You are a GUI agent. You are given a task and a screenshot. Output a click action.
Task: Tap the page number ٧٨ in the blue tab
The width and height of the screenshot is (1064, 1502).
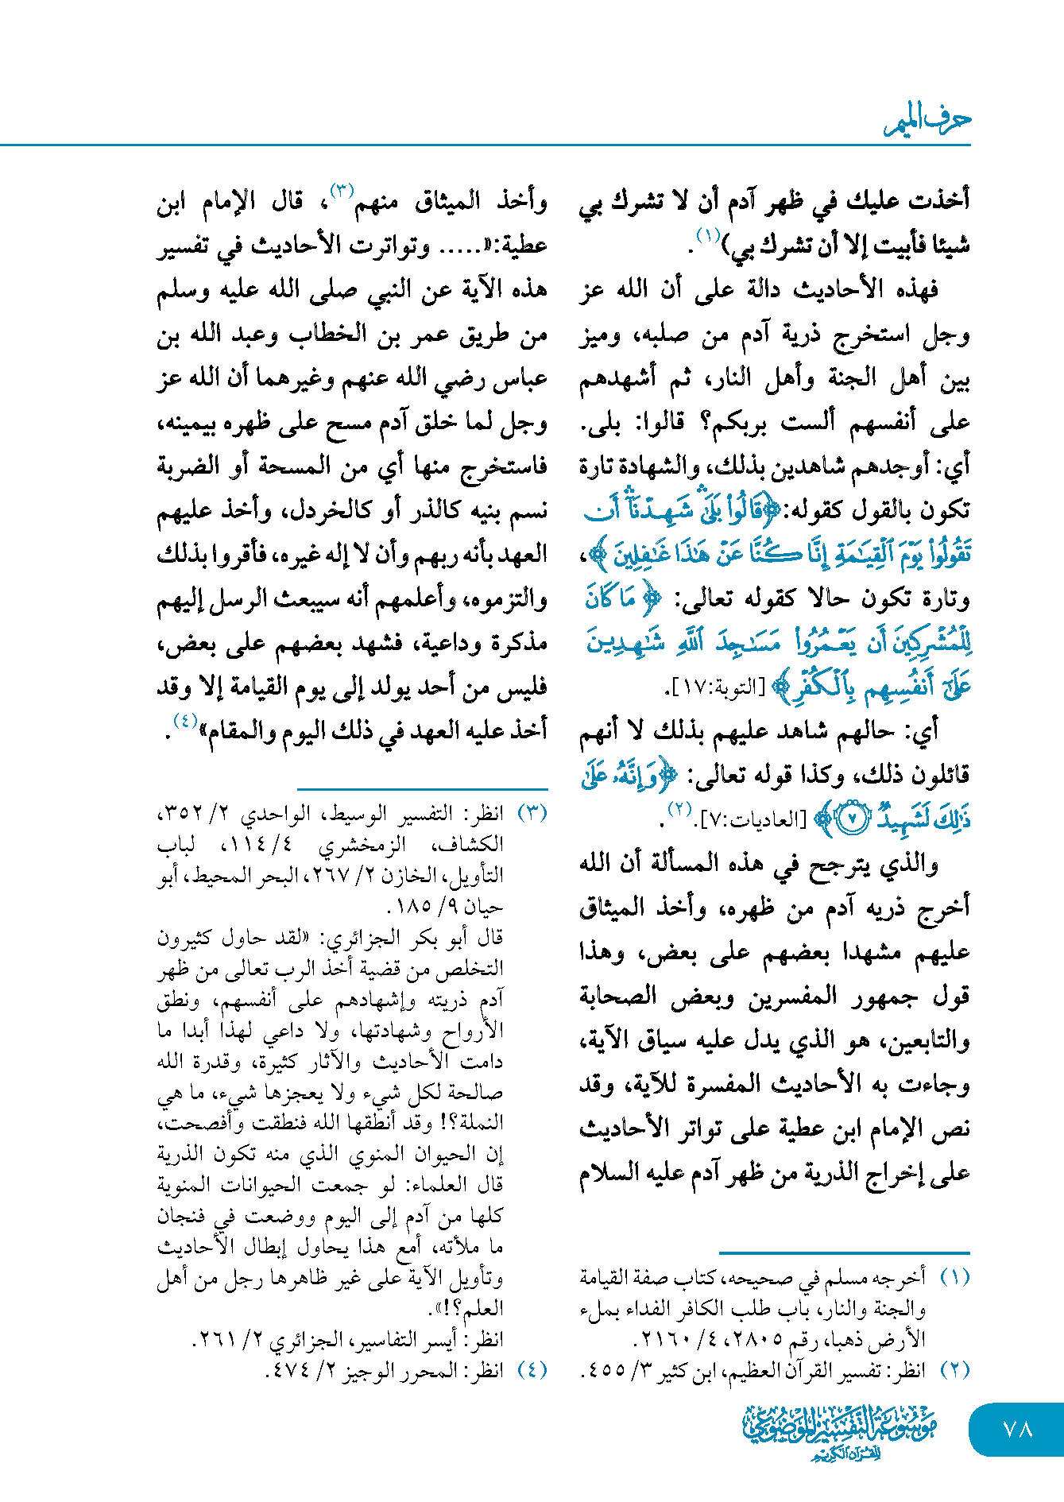1017,1429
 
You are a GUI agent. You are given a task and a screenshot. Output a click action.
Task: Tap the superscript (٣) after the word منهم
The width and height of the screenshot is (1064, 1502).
342,192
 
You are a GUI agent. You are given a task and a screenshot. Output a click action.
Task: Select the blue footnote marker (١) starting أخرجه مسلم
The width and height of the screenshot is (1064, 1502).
954,1277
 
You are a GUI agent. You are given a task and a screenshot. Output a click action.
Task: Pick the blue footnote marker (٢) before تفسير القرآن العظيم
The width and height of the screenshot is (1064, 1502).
954,1370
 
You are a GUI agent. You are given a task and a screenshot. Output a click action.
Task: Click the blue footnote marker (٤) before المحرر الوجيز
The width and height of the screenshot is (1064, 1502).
532,1370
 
